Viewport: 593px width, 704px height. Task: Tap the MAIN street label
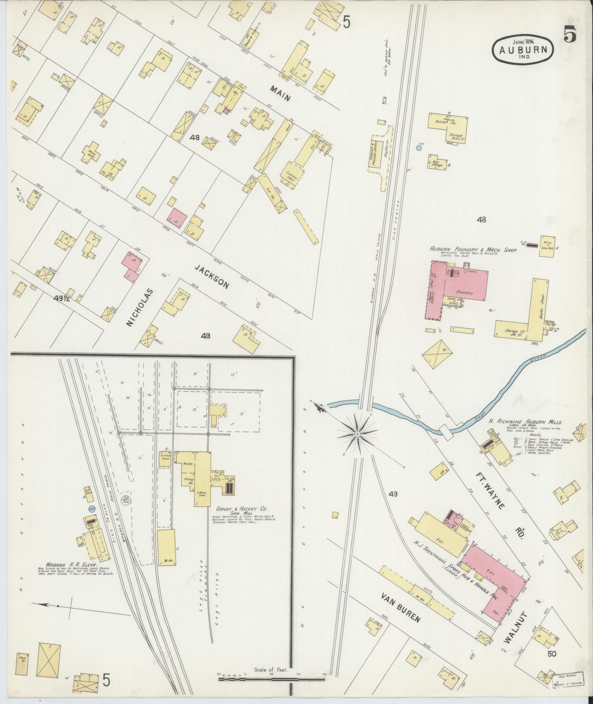tap(281, 93)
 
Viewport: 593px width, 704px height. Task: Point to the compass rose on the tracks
tap(357, 434)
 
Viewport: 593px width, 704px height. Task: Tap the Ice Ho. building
tap(271, 192)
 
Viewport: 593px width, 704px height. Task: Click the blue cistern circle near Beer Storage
tap(418, 148)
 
